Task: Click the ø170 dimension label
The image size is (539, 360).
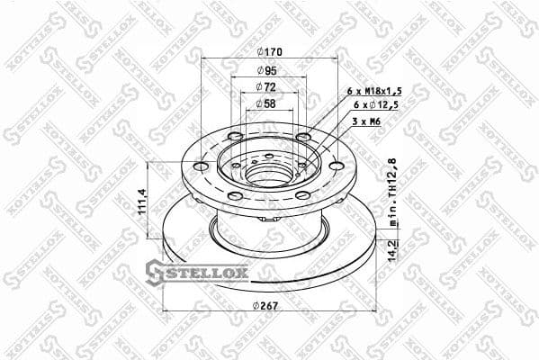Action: [x=268, y=50]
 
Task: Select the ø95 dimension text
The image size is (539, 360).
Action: [x=267, y=69]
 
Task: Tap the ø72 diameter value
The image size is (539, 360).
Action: [x=267, y=86]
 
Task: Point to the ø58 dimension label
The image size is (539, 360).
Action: [x=267, y=105]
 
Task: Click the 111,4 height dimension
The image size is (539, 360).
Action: [x=141, y=203]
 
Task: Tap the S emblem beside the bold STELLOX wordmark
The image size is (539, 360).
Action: [x=154, y=269]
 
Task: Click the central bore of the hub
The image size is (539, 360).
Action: [x=267, y=172]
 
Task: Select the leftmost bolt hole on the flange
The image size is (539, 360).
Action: [x=197, y=166]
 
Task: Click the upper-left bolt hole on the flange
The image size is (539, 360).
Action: [x=236, y=137]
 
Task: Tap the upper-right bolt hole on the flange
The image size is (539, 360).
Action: [x=302, y=137]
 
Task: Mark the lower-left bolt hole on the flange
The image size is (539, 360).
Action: [x=234, y=195]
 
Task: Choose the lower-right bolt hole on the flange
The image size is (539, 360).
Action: [x=302, y=195]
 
